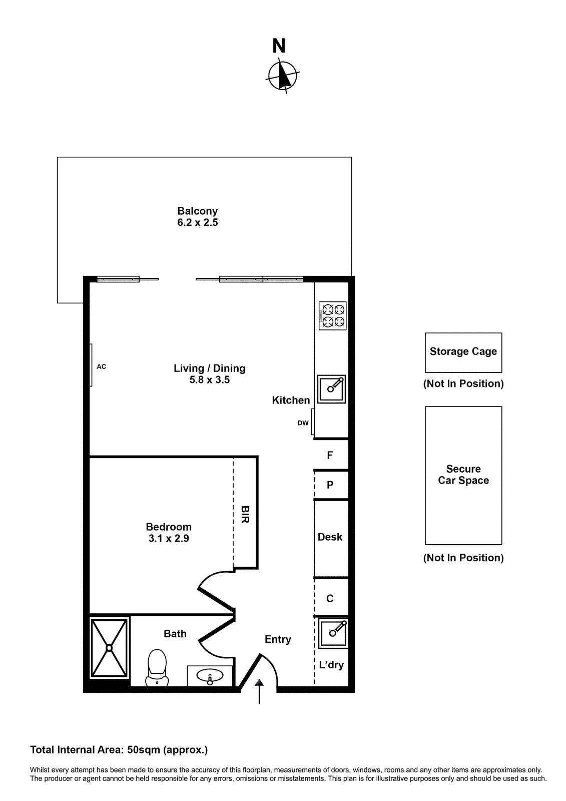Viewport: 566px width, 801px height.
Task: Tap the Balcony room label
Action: tap(197, 211)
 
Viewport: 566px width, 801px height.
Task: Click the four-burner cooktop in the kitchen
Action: tap(333, 316)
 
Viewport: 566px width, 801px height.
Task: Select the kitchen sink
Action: tap(332, 389)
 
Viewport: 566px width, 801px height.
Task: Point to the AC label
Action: tap(102, 366)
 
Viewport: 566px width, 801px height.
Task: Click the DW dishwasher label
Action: tap(303, 423)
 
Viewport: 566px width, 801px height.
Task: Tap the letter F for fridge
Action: tap(330, 455)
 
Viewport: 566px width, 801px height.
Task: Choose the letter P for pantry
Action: tap(330, 485)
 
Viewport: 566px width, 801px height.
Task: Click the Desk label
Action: tap(330, 537)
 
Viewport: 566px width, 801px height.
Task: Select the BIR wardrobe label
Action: tap(245, 514)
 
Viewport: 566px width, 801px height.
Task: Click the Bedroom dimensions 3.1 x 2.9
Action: tap(169, 539)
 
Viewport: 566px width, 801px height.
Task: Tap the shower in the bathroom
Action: tap(109, 648)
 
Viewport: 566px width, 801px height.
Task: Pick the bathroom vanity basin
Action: tap(210, 677)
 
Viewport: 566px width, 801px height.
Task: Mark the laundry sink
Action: tap(333, 633)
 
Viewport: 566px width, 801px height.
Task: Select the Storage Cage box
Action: tap(463, 352)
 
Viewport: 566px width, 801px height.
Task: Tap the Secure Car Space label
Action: tap(463, 475)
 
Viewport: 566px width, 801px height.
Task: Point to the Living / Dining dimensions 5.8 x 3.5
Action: tap(209, 380)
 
